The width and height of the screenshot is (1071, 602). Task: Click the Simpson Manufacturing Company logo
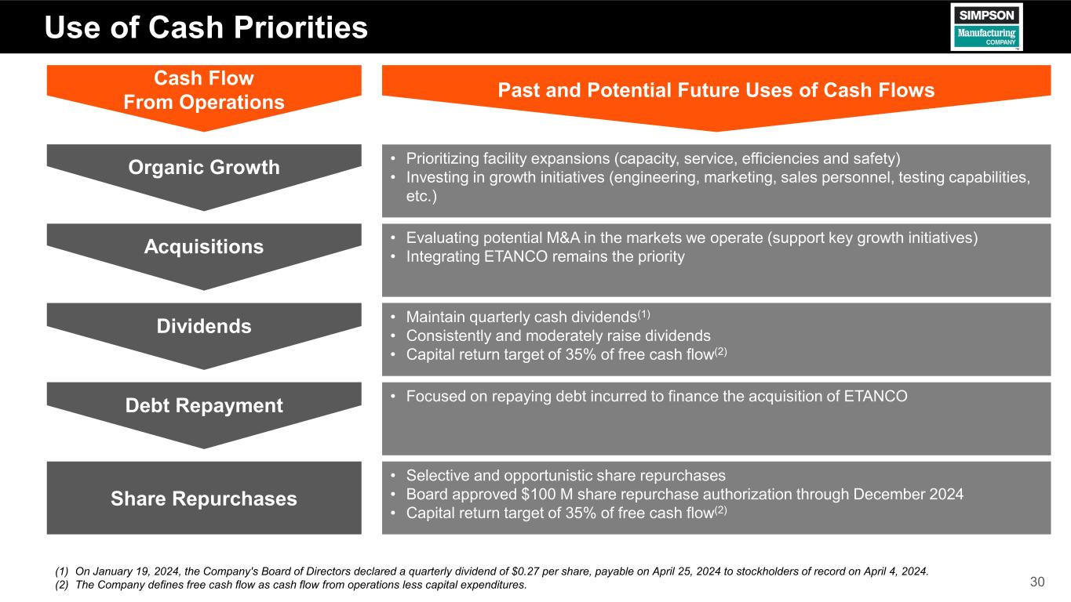coord(986,27)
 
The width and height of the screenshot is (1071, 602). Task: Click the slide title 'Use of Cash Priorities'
coord(206,27)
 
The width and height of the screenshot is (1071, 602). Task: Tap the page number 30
coord(1037,582)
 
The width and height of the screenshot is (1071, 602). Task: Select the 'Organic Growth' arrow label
coord(204,167)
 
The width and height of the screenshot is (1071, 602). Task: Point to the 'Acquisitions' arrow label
coord(204,247)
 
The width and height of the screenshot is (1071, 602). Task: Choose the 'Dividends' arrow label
coord(204,326)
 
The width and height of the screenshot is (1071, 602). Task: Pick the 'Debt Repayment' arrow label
coord(204,405)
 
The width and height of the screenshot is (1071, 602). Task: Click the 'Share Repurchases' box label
coord(204,499)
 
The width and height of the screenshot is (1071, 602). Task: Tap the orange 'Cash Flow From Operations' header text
coord(204,90)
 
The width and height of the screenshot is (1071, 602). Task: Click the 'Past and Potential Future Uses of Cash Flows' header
coord(716,90)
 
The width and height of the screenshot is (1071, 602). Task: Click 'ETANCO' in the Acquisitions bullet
coord(515,256)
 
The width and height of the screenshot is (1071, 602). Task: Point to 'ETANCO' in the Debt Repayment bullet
coord(876,396)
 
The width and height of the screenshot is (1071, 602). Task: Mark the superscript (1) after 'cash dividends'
coord(643,314)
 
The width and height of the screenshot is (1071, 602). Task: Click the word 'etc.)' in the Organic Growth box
coord(421,196)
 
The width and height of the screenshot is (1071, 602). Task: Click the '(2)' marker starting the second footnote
coord(62,585)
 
